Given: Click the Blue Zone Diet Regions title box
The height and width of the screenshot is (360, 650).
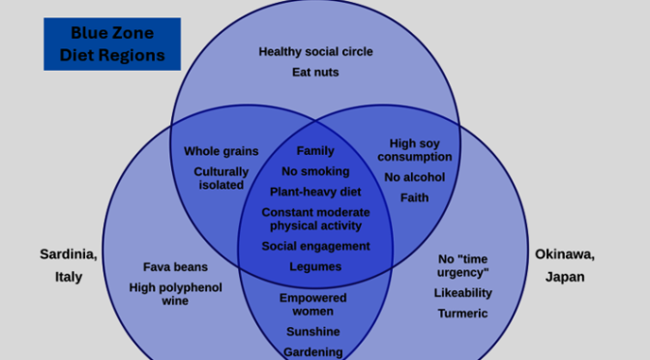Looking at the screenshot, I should (111, 44).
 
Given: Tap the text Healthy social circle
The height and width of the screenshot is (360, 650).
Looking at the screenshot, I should (315, 51).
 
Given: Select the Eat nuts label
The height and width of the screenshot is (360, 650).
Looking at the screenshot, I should (315, 73).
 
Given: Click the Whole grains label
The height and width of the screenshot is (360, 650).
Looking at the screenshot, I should (222, 151).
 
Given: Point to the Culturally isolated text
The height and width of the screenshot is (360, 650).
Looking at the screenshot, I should (222, 178).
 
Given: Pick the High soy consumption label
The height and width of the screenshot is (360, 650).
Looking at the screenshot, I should (415, 150).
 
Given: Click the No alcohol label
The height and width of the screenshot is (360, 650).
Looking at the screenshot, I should (415, 177).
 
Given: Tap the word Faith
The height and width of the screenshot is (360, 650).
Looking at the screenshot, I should (415, 197).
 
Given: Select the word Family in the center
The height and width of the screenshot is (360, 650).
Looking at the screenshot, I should (315, 151).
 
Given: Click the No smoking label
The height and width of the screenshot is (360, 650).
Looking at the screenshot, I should (315, 171).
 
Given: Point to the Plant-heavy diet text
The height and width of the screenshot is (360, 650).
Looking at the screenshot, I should (315, 192).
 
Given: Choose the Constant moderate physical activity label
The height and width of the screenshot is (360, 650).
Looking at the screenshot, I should (315, 219).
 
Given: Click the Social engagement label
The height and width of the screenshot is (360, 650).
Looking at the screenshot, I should (315, 246).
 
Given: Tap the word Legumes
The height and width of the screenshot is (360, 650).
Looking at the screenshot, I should (315, 266).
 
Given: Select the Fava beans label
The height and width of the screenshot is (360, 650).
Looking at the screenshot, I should (175, 267).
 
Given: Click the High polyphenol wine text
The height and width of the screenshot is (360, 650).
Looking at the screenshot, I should (175, 294).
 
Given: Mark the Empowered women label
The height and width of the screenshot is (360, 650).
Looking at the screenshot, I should (313, 304).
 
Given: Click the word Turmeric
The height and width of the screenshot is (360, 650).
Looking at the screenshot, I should (463, 314).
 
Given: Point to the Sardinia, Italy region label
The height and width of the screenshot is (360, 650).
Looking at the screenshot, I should (68, 265).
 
